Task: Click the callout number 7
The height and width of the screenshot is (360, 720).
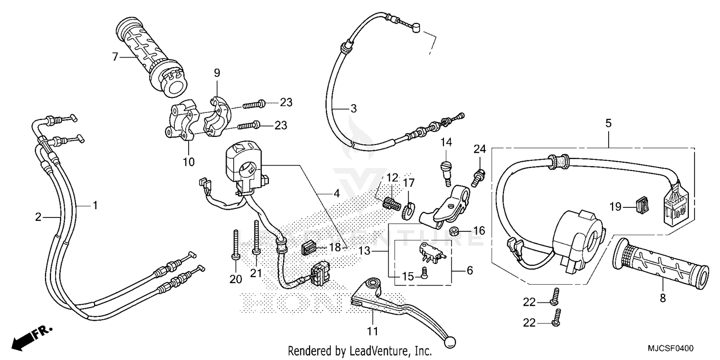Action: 115,57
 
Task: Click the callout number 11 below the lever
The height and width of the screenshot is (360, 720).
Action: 373,331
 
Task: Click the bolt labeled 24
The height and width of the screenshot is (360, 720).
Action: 479,177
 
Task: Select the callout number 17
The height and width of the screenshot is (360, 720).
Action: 408,183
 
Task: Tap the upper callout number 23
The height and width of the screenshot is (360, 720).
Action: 286,103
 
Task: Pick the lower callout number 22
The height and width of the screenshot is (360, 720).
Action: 529,324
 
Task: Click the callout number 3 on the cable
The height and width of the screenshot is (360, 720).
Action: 353,109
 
